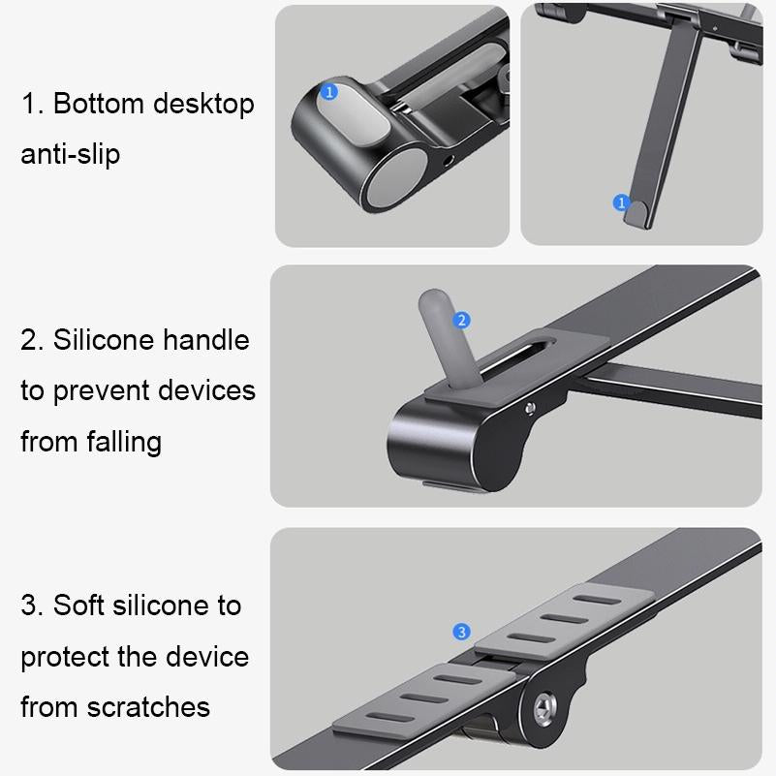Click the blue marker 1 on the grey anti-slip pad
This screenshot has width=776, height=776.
coord(328,92)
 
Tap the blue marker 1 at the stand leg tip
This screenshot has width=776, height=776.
coord(622,202)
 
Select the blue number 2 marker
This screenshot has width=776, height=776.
coord(462,320)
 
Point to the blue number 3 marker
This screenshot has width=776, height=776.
coord(462,632)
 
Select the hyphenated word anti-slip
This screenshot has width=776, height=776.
coord(71,154)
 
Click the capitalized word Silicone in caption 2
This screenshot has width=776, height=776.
coord(104,340)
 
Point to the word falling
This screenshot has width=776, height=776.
coord(119,442)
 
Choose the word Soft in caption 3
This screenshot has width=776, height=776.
coord(78,605)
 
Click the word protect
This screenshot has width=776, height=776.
coord(66,656)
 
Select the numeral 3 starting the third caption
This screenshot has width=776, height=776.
coord(28,605)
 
